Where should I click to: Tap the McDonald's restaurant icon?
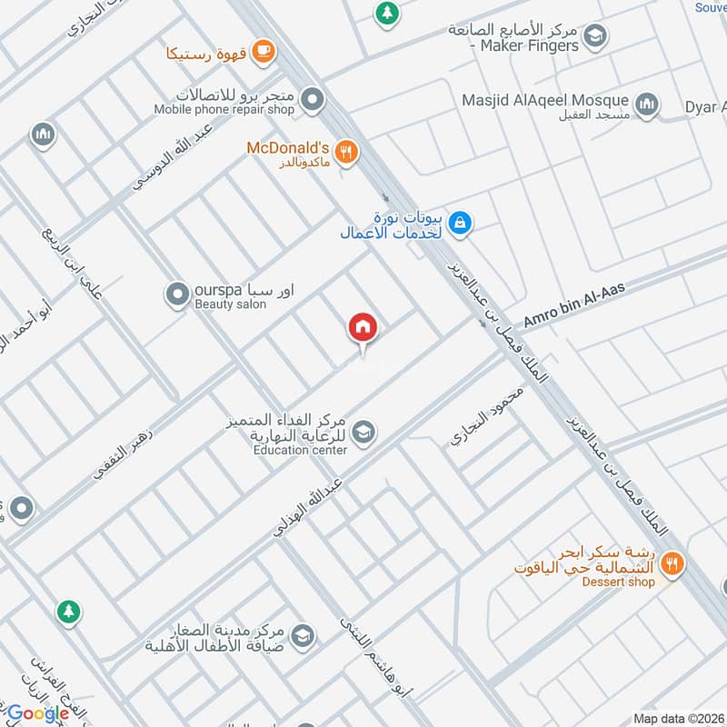pos(345,152)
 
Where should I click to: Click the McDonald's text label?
pos(287,147)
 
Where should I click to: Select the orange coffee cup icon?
pos(264,52)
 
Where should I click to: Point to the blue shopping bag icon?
pos(461,222)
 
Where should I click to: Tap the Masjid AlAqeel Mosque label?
pos(545,100)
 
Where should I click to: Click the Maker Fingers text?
pos(529,45)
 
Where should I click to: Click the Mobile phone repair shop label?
pos(224,109)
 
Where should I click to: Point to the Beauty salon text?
pos(231,304)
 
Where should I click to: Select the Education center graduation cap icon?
pos(363,433)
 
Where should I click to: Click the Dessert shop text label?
pos(618,583)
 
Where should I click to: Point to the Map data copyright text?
pos(677,718)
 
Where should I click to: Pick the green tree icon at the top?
pos(387,13)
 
